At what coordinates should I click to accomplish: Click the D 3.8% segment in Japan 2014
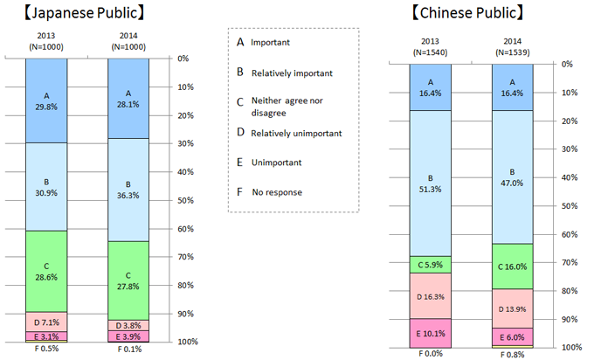coord(128,325)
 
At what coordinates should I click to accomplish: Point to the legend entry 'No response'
coord(277,191)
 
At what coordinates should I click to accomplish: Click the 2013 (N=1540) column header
coord(431,47)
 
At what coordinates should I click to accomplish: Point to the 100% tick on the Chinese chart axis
coord(566,347)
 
